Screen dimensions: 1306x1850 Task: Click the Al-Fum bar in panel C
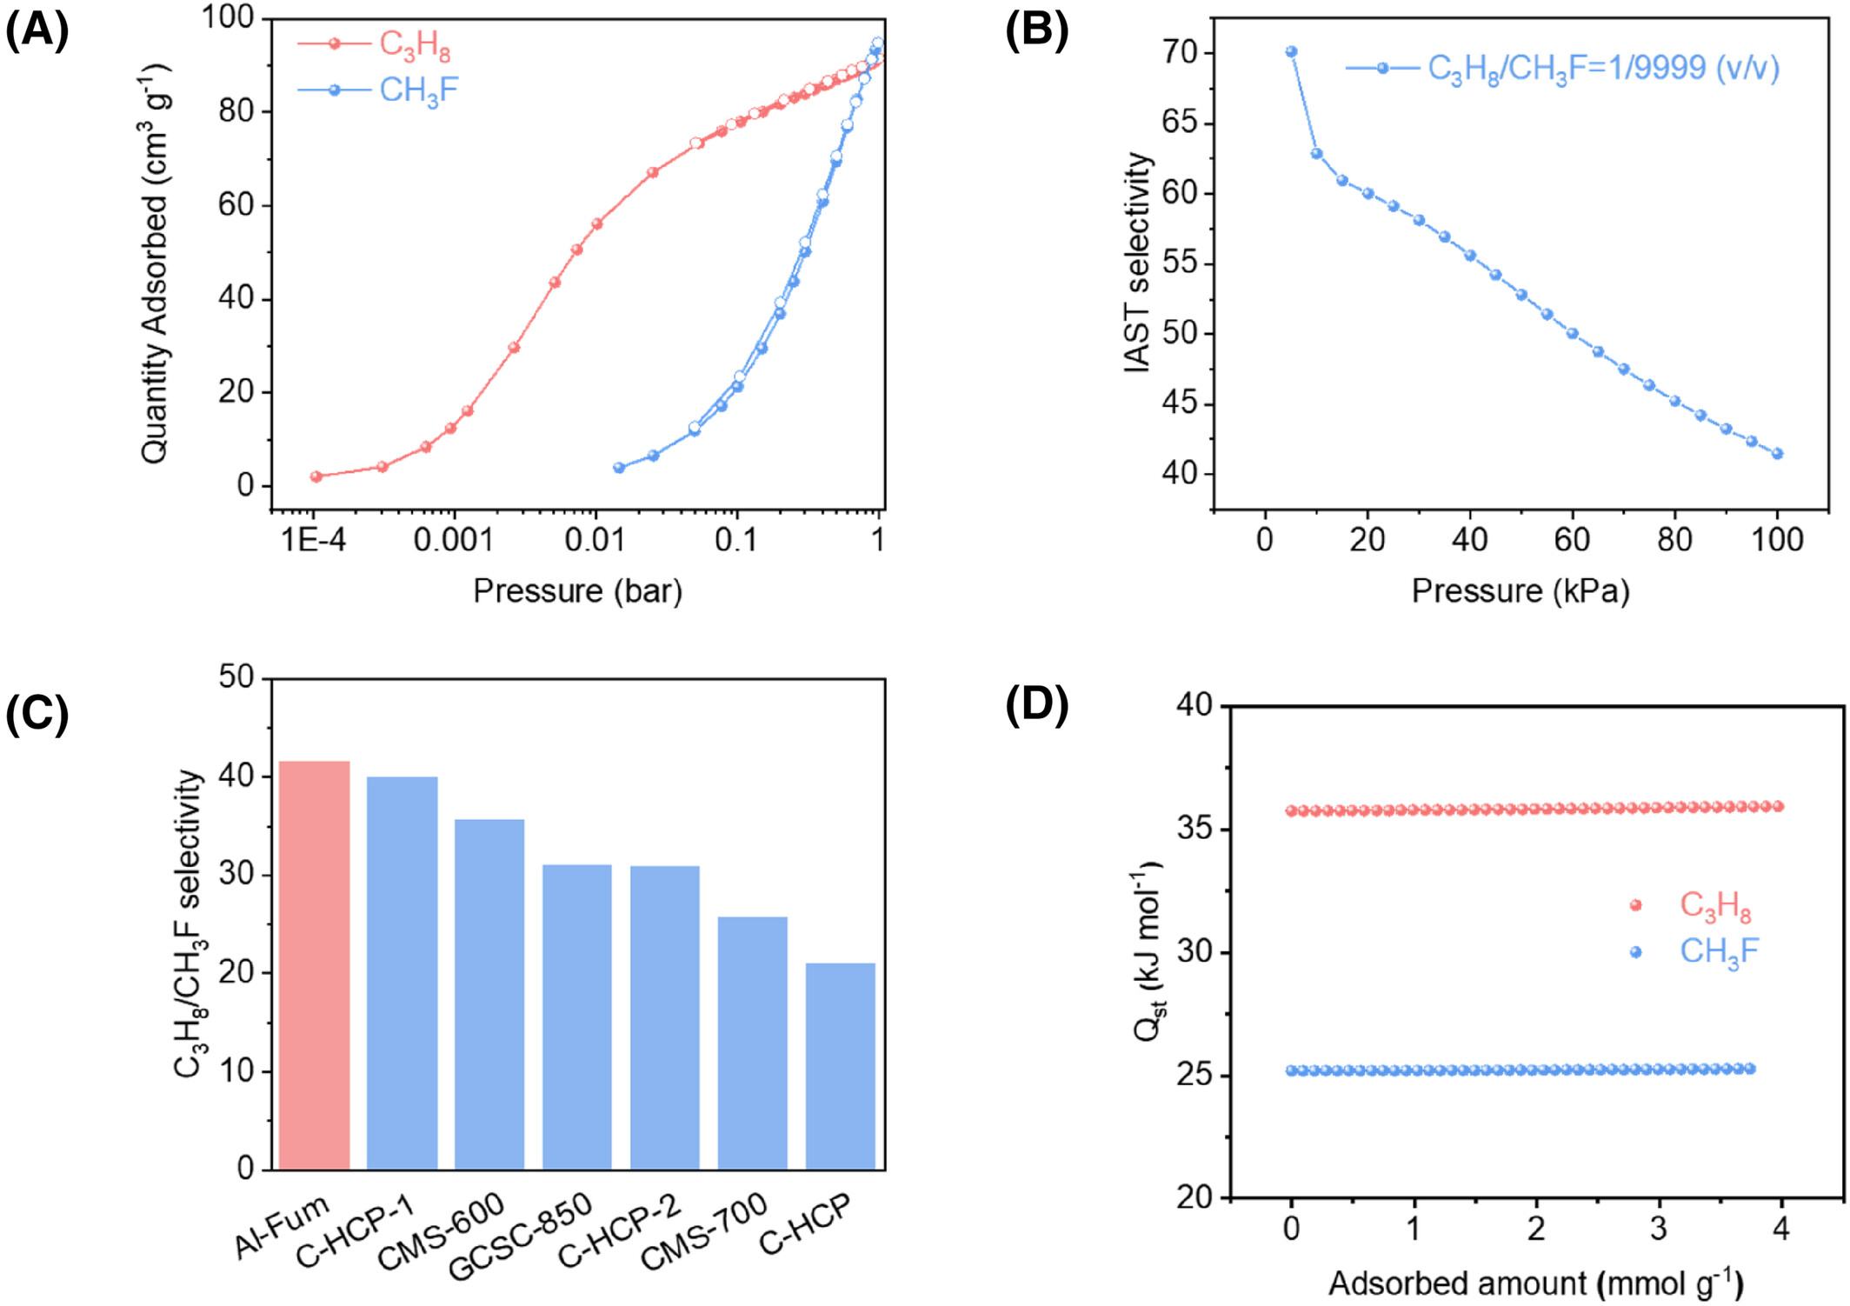315,965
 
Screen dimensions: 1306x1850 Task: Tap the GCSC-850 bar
577,1016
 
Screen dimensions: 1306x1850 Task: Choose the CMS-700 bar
752,1043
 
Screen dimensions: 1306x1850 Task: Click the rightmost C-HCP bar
840,1066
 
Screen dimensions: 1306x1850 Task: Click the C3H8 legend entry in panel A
415,44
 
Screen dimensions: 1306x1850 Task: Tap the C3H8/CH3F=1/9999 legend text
1603,68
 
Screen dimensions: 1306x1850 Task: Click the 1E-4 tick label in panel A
313,540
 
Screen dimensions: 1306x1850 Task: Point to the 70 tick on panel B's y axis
1181,53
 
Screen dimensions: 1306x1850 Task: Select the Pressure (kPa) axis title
1520,591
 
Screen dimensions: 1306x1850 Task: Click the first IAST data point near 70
1291,52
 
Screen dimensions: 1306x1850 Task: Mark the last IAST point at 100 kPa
1777,454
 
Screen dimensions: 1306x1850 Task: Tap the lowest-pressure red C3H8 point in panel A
316,476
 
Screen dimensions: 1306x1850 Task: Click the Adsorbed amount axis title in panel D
1535,1283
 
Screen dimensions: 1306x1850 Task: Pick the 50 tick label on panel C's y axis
236,676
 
